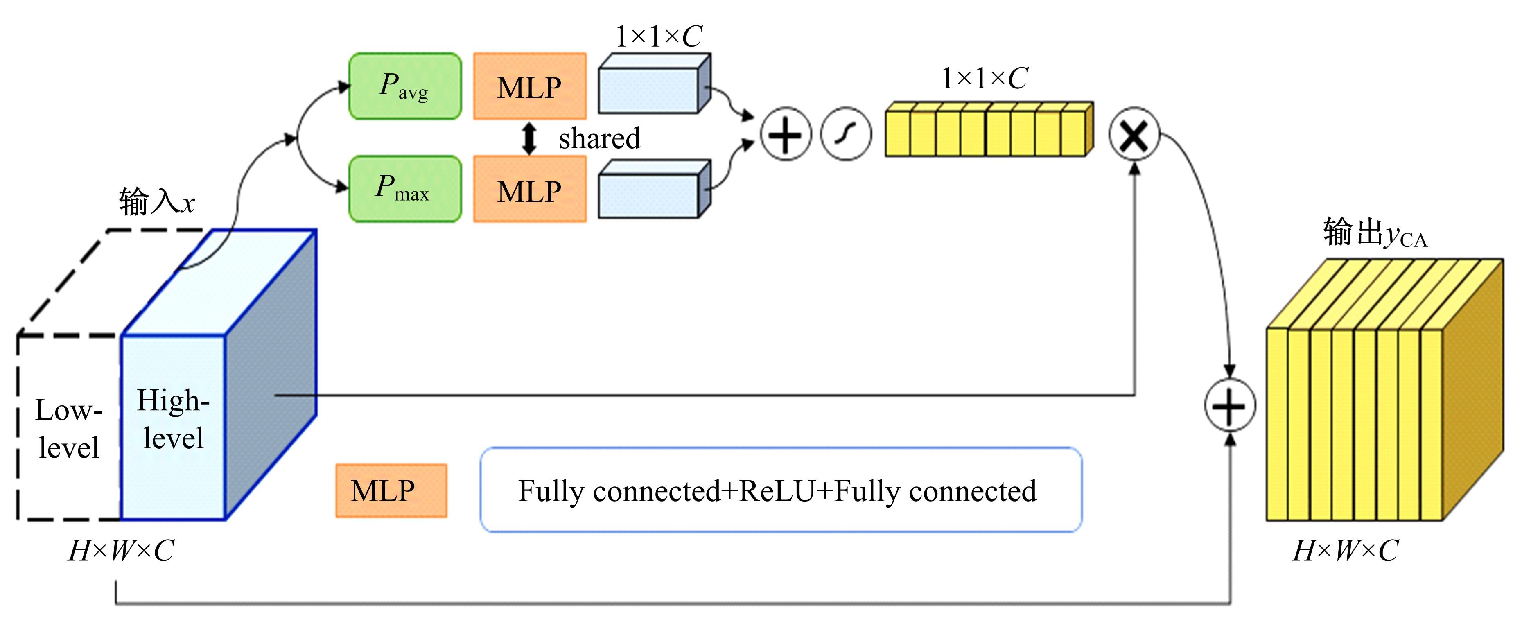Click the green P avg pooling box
405,86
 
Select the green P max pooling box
405,189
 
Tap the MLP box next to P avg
529,87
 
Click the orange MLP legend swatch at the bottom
391,490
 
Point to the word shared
599,138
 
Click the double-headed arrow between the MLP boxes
529,138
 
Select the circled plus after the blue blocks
785,134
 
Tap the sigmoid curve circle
845,134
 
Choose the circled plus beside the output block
1230,405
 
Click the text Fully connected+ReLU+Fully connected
777,490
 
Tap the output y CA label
1374,232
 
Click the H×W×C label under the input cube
121,551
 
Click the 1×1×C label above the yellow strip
985,79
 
